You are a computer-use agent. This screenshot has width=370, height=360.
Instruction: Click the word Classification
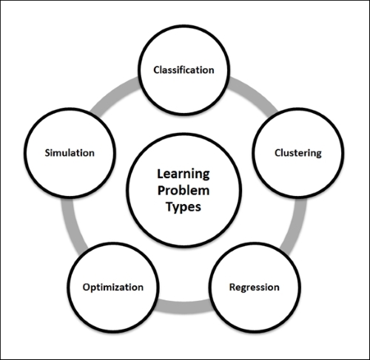coord(184,70)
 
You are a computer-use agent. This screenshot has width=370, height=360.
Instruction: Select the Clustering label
coord(298,153)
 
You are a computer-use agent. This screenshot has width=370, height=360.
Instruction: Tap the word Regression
coord(255,288)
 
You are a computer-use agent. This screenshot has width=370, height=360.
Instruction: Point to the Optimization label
coord(113,288)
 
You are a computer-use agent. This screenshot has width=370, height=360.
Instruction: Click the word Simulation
coord(70,153)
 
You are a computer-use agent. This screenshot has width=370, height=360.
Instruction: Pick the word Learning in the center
coord(184,174)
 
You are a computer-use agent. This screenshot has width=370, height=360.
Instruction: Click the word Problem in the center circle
coord(184,190)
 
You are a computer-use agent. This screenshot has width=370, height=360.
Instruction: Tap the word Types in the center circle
coord(184,207)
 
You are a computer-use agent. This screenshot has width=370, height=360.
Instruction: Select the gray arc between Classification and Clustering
coord(255,94)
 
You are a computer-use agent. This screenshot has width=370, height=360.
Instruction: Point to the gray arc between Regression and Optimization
coord(184,307)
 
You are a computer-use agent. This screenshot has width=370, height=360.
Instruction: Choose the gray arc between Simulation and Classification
coord(113,95)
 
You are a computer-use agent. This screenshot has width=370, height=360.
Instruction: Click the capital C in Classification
coord(156,70)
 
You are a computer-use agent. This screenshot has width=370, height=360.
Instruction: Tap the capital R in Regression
coord(232,287)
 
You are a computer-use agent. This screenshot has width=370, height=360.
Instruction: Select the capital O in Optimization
coord(87,287)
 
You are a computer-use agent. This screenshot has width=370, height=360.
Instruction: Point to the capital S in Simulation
coord(47,153)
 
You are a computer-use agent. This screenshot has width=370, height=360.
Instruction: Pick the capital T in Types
coord(169,206)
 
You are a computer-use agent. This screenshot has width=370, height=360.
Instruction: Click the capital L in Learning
coord(161,174)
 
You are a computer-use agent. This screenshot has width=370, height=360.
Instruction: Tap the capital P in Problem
coord(161,190)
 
